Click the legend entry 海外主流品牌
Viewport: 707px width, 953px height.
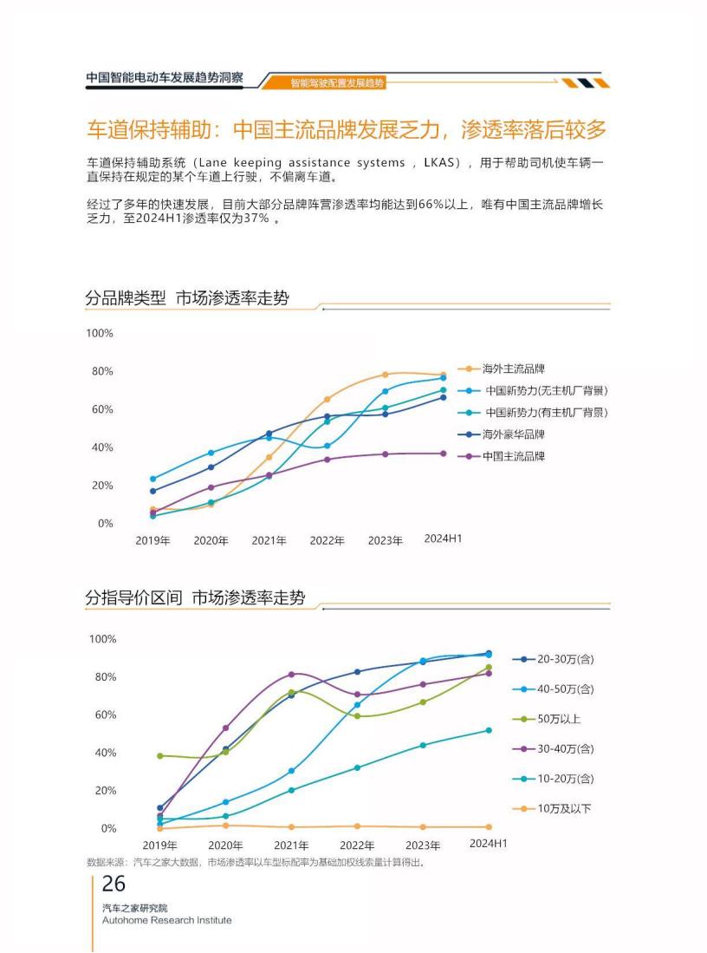[513, 369]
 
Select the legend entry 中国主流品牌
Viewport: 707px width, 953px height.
[513, 456]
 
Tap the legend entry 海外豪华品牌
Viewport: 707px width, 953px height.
[513, 434]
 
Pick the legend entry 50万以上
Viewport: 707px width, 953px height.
[559, 719]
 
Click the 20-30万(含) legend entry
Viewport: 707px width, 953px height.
[565, 659]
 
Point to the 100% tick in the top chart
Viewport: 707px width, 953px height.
[100, 333]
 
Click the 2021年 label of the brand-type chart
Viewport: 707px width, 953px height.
[269, 541]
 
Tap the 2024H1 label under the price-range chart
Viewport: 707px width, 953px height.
[488, 844]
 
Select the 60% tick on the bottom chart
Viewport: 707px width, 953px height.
[102, 715]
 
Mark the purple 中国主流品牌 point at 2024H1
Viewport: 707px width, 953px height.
[444, 454]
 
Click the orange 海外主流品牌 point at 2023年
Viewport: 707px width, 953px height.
[386, 375]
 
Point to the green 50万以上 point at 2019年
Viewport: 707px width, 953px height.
[160, 756]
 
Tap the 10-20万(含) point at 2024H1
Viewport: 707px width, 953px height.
[489, 730]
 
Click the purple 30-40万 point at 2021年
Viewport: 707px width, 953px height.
[291, 674]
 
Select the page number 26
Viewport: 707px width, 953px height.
[114, 884]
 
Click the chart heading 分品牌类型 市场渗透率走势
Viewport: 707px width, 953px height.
[186, 298]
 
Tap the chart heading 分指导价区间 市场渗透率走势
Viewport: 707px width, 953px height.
[195, 597]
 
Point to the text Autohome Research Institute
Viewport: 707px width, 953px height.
[166, 920]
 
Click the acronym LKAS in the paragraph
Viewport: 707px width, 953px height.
[441, 162]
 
